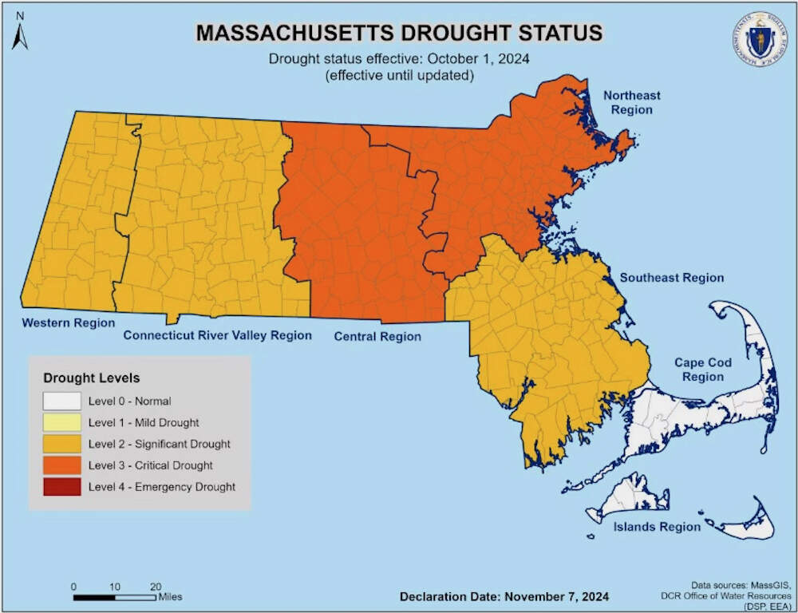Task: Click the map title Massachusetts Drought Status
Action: pos(399,33)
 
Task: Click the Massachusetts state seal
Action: pos(757,38)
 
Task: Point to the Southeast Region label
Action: pos(672,278)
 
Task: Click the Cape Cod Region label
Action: pos(702,370)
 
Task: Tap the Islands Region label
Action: pos(657,527)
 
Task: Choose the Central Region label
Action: pos(377,336)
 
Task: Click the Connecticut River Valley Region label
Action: pos(217,335)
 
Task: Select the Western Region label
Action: pos(68,322)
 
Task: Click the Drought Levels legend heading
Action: pos(91,378)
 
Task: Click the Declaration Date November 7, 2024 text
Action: pos(504,596)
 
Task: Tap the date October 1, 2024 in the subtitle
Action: pos(484,58)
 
